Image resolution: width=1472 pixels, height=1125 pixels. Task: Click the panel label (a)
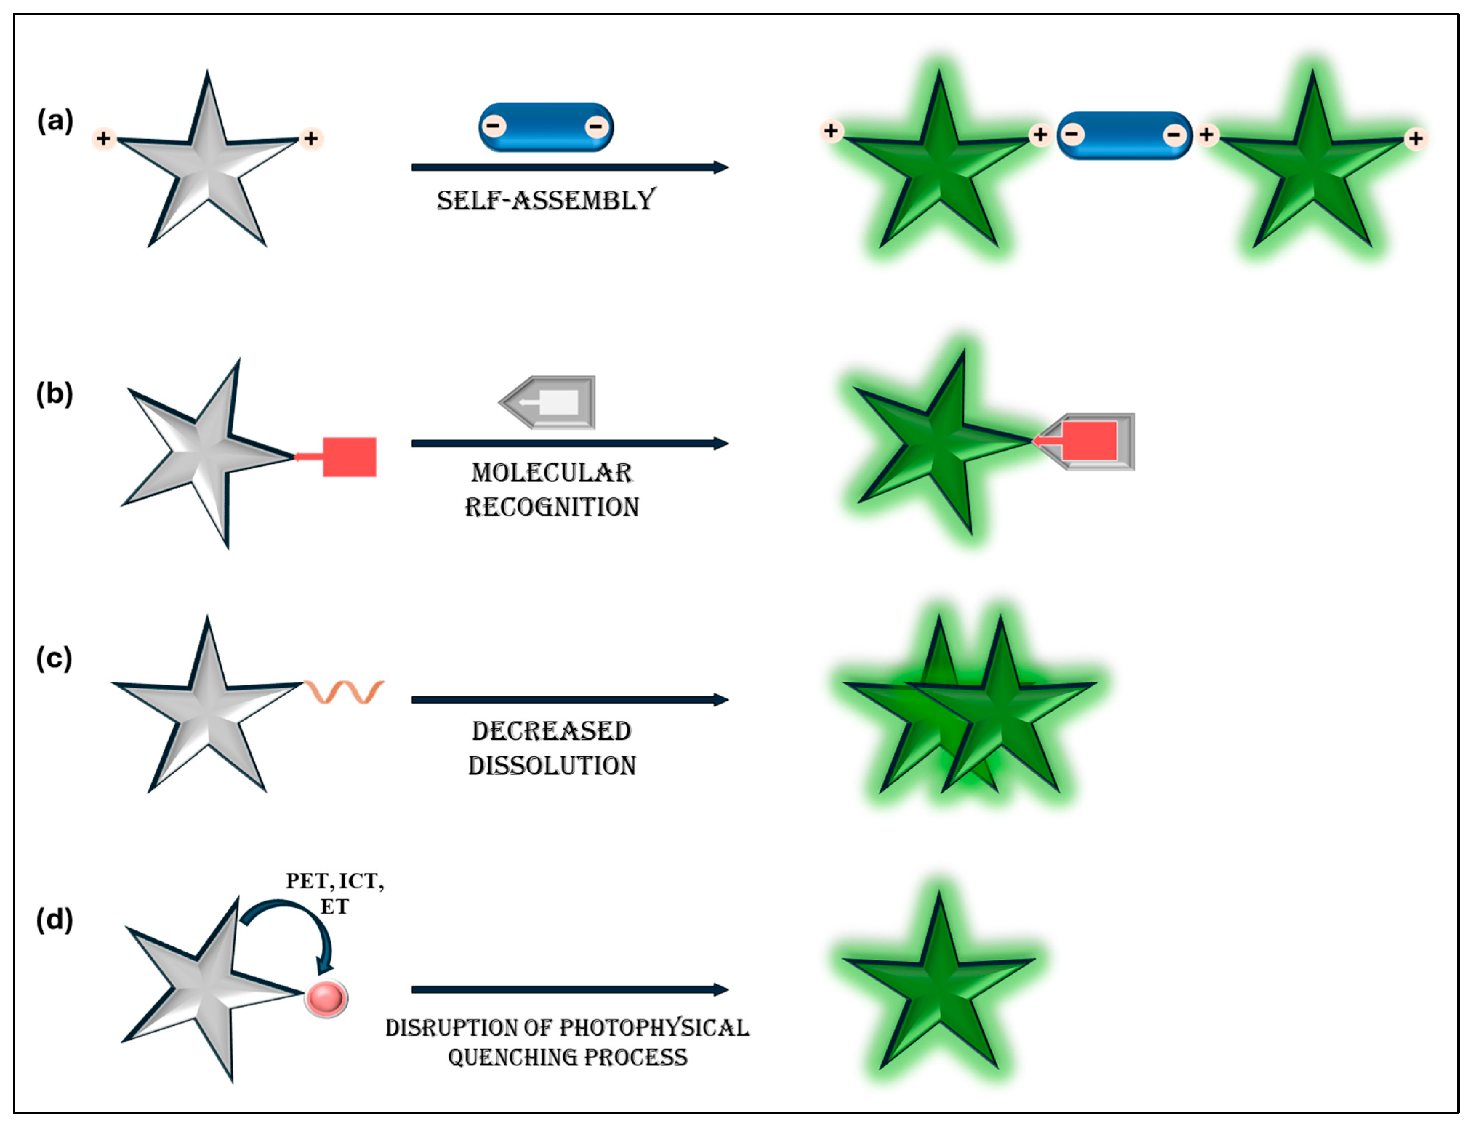pos(55,121)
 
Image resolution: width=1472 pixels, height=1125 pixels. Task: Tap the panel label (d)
pos(55,920)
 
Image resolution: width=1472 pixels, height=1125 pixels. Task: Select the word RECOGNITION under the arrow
pos(552,507)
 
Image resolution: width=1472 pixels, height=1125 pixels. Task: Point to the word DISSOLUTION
pos(552,765)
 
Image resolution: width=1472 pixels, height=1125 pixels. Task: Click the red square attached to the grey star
pos(349,457)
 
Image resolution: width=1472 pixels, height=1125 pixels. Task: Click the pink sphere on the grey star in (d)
pos(326,998)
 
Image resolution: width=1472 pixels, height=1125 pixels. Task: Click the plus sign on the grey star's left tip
pos(103,139)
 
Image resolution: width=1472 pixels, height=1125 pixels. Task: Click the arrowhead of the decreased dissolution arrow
pos(721,700)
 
